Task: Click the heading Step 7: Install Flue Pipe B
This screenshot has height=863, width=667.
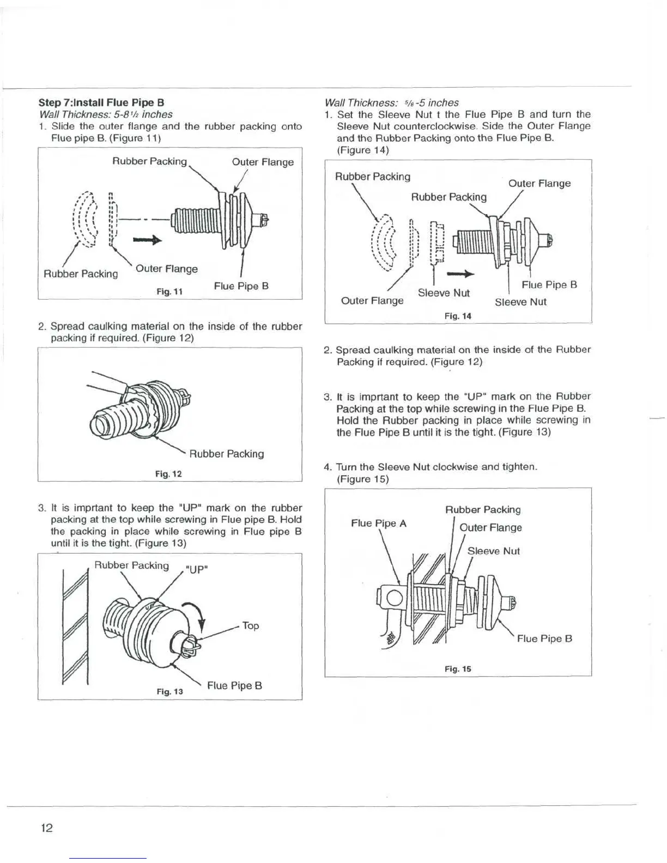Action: coord(101,102)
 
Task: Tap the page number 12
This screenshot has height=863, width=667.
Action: coord(47,828)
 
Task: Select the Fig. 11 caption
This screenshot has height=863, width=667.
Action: coord(169,291)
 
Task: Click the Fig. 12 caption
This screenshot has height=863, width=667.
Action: coord(168,473)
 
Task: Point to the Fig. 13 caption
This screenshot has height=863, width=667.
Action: coord(169,691)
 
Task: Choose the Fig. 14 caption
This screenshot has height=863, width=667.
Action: coord(458,316)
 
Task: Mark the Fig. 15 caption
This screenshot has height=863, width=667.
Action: coord(458,668)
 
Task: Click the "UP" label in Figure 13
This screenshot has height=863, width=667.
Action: coord(197,570)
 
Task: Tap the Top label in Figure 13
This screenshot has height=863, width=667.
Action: coord(250,625)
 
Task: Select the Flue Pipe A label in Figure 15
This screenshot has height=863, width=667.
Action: coord(379,523)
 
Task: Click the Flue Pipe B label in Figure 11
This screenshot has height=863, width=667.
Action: coord(241,285)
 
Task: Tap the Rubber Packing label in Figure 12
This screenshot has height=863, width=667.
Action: coord(226,453)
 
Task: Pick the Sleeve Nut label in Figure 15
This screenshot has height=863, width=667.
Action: coord(493,551)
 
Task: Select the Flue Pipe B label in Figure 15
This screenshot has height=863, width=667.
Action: coord(544,639)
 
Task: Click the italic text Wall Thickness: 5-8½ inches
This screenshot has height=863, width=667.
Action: coord(106,114)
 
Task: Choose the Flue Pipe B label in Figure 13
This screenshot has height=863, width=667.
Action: coord(234,685)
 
